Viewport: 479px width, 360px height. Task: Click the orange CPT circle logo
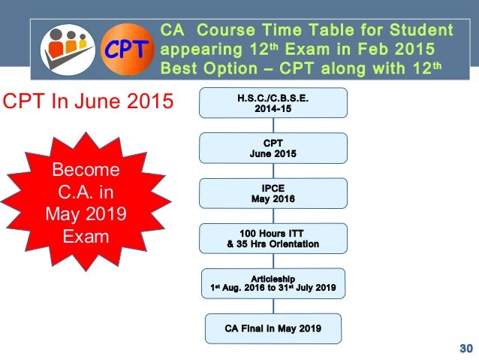[x=125, y=50]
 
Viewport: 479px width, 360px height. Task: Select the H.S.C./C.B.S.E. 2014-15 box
[x=273, y=103]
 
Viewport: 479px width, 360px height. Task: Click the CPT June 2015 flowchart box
[x=273, y=148]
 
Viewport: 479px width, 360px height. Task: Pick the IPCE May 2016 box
[x=273, y=193]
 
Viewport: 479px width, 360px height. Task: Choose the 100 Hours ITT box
[x=273, y=238]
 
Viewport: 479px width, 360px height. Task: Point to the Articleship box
[x=273, y=283]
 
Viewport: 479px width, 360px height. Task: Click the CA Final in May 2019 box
[x=273, y=328]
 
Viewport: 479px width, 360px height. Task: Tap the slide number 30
[x=465, y=348]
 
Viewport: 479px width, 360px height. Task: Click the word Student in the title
[x=423, y=31]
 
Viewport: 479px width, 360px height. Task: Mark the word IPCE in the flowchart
[x=273, y=188]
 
